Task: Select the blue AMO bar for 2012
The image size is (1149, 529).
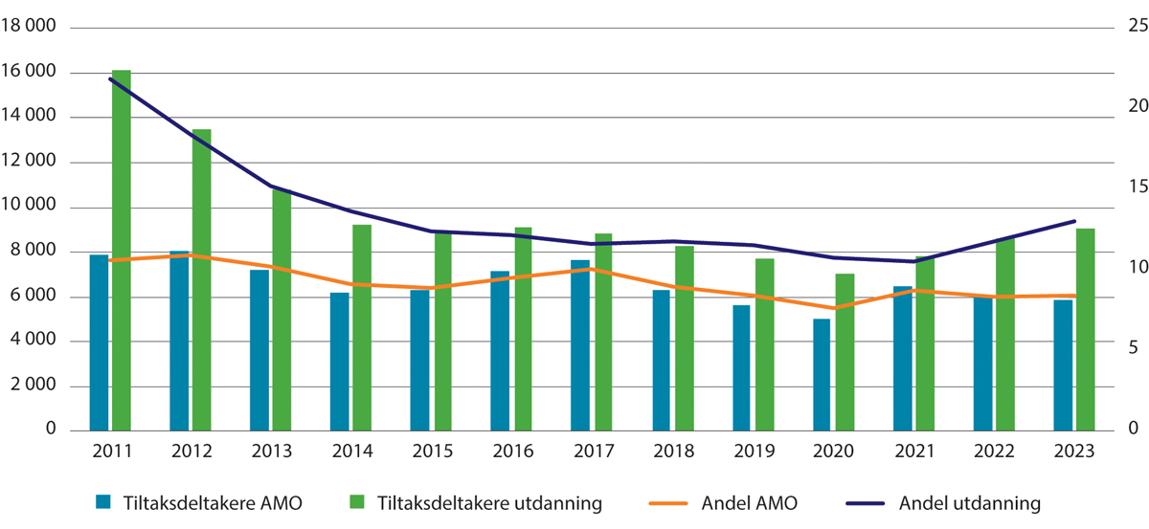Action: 179,341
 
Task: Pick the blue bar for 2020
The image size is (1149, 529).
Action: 822,374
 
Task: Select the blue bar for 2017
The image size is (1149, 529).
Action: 580,344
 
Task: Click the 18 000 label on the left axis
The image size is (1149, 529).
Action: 29,28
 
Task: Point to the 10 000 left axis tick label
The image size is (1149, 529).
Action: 29,208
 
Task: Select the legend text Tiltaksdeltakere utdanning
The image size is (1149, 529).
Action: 489,501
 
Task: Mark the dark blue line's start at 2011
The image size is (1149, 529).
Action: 111,78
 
